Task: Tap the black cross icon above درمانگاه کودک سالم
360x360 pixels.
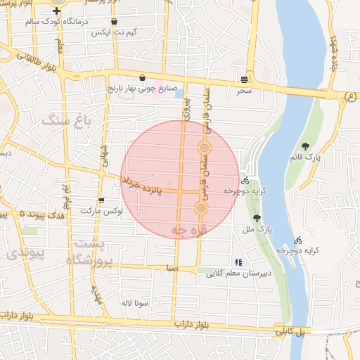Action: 56,11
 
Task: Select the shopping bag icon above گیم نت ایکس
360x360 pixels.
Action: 114,22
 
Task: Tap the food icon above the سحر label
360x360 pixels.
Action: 244,79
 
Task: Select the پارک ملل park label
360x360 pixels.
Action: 259,229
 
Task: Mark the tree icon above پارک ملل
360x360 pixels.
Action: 257,218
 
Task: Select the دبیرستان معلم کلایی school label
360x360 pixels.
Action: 235,274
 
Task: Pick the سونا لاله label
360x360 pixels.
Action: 132,302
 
